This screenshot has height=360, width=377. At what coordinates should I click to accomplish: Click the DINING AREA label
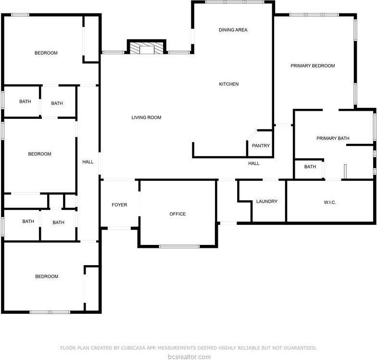[233, 30]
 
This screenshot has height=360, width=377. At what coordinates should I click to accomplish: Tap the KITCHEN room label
[229, 84]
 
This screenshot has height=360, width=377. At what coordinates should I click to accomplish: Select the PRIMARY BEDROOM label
[313, 66]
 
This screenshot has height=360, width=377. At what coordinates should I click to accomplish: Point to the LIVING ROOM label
[146, 117]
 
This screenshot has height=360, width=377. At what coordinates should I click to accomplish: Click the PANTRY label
[261, 146]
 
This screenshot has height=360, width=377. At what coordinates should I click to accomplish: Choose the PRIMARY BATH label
[333, 139]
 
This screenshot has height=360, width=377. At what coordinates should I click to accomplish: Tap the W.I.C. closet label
[330, 203]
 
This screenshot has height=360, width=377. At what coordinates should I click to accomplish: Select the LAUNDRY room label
[266, 202]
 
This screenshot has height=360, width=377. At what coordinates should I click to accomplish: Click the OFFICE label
[177, 214]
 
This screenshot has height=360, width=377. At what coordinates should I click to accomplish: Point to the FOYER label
[119, 205]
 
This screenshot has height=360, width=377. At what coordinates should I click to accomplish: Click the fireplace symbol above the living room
[146, 48]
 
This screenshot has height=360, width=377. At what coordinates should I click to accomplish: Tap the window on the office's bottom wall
[179, 246]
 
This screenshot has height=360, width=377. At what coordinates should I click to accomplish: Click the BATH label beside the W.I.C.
[310, 167]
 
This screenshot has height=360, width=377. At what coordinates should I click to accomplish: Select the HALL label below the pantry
[254, 164]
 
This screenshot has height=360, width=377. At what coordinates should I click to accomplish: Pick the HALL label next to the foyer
[88, 162]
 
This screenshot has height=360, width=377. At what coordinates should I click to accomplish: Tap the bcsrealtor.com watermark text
[188, 357]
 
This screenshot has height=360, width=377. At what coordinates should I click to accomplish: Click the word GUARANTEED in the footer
[298, 347]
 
